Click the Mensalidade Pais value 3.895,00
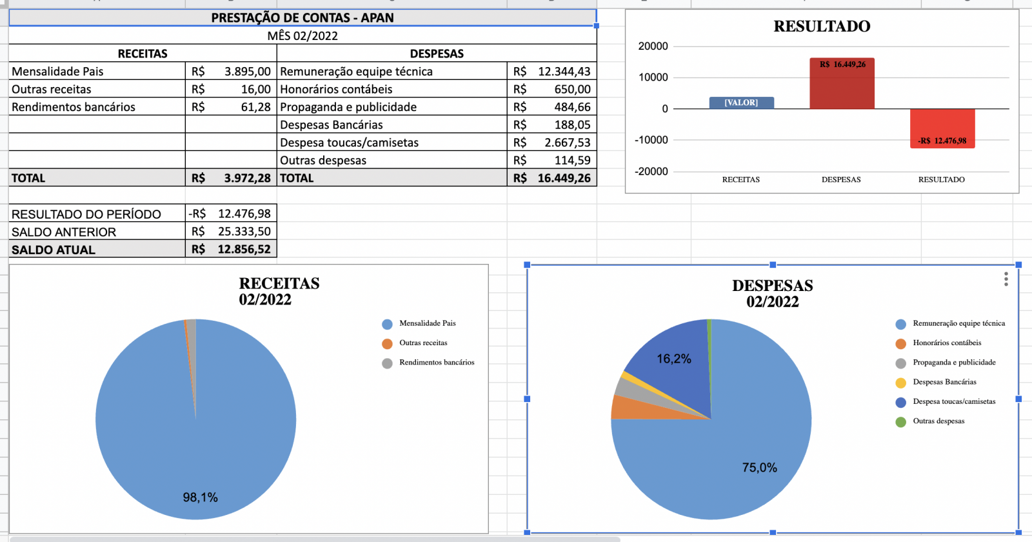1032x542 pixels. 247,72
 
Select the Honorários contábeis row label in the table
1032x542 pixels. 336,89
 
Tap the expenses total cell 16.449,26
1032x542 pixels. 564,178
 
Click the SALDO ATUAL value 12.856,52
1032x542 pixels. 244,249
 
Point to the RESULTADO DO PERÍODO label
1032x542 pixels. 86,214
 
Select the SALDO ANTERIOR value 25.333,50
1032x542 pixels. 244,231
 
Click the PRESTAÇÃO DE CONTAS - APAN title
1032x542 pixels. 303,18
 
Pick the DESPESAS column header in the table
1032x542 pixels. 437,54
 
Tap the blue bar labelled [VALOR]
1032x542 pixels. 741,103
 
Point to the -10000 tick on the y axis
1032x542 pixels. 651,140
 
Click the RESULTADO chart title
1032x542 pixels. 822,26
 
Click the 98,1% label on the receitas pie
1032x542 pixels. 200,497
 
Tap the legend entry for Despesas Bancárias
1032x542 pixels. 944,382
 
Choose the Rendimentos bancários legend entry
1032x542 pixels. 436,363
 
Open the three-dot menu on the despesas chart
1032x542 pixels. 1006,279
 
